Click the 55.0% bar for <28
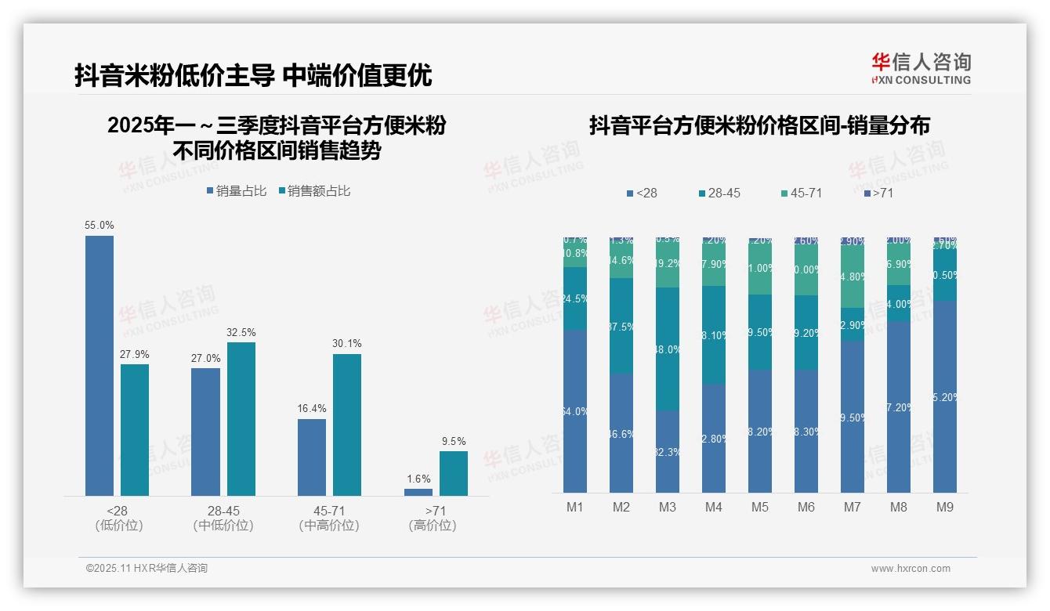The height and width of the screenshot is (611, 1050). tap(100, 365)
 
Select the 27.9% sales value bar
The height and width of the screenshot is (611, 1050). tap(135, 429)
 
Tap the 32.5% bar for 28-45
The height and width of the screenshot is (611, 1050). tap(241, 418)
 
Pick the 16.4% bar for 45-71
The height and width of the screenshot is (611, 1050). tap(312, 457)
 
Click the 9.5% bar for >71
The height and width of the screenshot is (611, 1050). tap(453, 473)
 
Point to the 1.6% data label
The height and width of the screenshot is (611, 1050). tap(418, 479)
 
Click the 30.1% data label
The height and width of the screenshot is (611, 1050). tap(347, 344)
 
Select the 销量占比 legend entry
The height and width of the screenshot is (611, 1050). tap(237, 191)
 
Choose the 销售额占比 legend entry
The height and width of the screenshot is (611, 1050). tap(314, 191)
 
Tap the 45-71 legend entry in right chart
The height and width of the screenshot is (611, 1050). tap(802, 193)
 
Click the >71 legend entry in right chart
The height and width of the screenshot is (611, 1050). tap(878, 193)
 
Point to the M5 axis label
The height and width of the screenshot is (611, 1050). tap(760, 508)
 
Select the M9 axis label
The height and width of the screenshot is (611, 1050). tap(945, 508)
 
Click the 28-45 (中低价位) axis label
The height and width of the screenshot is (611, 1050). tap(223, 518)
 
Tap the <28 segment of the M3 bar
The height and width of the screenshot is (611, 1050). tap(668, 452)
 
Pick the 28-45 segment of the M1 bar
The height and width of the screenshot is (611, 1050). tap(575, 298)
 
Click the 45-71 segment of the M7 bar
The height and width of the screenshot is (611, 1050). tap(853, 277)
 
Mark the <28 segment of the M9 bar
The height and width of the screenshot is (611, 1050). tap(945, 397)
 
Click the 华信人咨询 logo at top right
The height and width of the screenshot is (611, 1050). tap(921, 68)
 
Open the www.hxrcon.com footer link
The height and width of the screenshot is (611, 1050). tap(911, 569)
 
